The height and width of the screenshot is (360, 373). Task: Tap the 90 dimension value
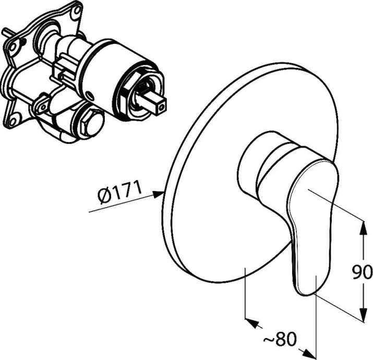[x=362, y=272]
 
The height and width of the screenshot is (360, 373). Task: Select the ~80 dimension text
[x=281, y=340]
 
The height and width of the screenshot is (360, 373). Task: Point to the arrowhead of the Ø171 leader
[x=158, y=195]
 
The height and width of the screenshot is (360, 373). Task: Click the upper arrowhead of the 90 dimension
[x=363, y=227]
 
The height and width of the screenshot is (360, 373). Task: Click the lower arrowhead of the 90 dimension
[x=363, y=314]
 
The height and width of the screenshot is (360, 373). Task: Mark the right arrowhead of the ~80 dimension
[x=310, y=353]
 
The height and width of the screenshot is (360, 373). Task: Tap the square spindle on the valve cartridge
[x=152, y=102]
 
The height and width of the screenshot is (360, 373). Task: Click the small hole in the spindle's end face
[x=162, y=107]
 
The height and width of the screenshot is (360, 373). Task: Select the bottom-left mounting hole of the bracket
[x=14, y=116]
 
